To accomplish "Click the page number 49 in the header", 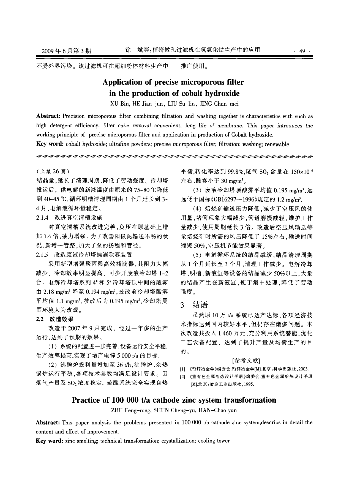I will [303, 51].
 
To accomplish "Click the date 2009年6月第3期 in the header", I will [66, 51].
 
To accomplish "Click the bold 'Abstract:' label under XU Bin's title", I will [48, 116].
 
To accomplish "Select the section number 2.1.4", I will [42, 218].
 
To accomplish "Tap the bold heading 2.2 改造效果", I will [55, 319].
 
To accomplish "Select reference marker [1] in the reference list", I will [182, 369].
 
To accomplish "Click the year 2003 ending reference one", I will [302, 369].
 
